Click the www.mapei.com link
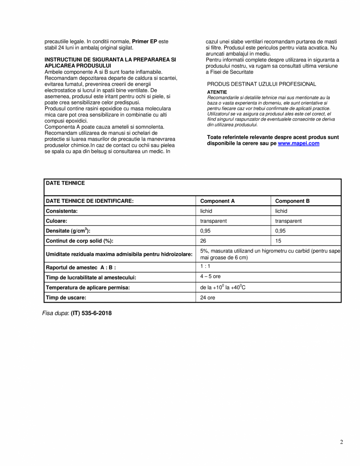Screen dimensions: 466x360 (298, 144)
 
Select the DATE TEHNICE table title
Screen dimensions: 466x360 (65, 183)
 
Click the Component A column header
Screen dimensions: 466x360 (217, 201)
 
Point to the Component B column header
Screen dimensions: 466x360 (292, 201)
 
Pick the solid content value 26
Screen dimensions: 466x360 (203, 241)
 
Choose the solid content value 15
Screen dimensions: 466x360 (278, 241)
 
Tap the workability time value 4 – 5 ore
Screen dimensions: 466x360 (210, 276)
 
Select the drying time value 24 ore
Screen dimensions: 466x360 (208, 298)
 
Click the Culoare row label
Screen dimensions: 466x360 (57, 221)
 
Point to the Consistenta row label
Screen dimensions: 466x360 (62, 211)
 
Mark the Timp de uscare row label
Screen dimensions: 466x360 (66, 298)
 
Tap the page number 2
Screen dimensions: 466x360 (341, 443)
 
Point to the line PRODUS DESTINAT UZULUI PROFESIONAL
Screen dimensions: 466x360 (261, 84)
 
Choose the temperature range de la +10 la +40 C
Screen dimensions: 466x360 (223, 287)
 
